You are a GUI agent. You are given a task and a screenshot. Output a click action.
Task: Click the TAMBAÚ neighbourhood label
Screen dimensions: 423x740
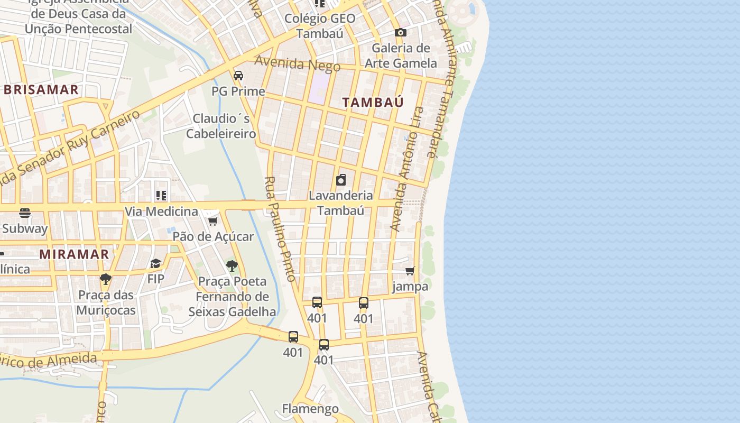pos(373,102)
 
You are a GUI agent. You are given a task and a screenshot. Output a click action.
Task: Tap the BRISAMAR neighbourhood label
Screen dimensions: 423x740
pos(41,90)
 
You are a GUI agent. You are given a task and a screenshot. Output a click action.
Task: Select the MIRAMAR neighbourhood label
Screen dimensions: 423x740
pos(74,254)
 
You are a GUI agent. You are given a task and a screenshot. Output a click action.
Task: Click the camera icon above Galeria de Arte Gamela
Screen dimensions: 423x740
pos(401,33)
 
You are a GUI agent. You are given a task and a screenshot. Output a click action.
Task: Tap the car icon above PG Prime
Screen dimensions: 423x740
pos(238,76)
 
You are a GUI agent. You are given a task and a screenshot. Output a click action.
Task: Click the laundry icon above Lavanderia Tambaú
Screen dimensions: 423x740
pos(341,180)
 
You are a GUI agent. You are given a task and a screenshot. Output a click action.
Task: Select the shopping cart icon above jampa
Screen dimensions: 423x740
pos(410,271)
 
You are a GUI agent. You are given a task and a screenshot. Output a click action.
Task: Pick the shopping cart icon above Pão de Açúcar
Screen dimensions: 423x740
pos(213,221)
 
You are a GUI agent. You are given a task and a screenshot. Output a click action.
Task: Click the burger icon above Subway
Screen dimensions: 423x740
pos(25,213)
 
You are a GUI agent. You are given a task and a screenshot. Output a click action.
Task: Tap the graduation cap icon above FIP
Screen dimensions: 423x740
pos(155,263)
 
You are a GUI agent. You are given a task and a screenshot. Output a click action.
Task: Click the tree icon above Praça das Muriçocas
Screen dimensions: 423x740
pos(106,279)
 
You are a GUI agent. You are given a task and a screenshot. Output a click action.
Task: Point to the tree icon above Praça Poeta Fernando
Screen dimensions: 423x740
pos(232,265)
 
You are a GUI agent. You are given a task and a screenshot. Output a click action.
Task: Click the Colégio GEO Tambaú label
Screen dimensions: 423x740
pos(320,26)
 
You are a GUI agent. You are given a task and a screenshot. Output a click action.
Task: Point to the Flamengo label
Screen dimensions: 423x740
pos(310,409)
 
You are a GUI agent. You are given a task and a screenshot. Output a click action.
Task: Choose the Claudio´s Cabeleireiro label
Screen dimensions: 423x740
pos(221,126)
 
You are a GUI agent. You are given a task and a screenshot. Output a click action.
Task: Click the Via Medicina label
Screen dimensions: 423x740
pos(161,212)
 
